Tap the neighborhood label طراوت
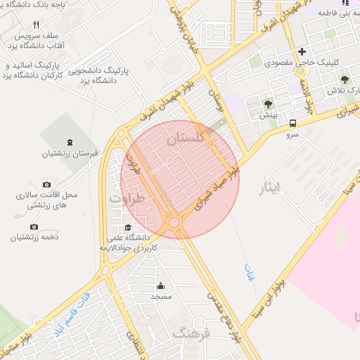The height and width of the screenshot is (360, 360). pyautogui.click(x=126, y=198)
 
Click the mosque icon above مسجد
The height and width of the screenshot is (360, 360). pyautogui.click(x=161, y=285)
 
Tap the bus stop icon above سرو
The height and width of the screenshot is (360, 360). pyautogui.click(x=292, y=122)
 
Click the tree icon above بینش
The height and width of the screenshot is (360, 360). pyautogui.click(x=268, y=104)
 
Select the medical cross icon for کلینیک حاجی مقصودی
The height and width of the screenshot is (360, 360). pyautogui.click(x=302, y=51)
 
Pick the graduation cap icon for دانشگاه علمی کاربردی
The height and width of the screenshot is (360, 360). pyautogui.click(x=128, y=227)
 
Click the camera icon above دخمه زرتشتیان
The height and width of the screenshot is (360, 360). pyautogui.click(x=34, y=226)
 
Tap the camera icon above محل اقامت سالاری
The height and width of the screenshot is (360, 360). pyautogui.click(x=46, y=184)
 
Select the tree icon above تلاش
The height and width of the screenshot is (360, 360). pyautogui.click(x=345, y=80)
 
